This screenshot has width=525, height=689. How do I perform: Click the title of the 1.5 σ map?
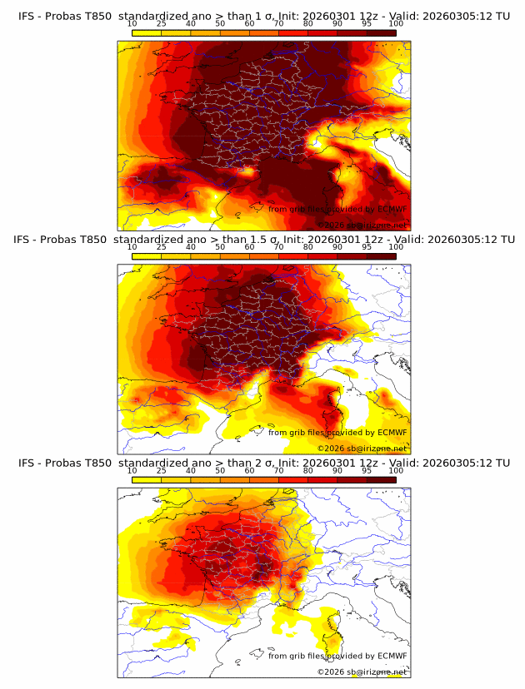(262, 239)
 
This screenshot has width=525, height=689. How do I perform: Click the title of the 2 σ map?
(262, 463)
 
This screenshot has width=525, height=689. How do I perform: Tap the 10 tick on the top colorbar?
(132, 23)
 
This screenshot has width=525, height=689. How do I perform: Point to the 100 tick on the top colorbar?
(396, 23)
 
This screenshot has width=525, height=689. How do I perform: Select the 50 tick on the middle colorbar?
(220, 247)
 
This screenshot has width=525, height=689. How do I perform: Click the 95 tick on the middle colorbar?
(367, 247)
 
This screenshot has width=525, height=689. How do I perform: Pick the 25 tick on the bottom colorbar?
(162, 471)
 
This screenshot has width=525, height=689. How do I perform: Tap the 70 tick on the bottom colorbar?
(279, 471)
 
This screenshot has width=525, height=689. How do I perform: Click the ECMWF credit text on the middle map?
(337, 432)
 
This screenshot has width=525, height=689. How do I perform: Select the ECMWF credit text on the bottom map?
(337, 656)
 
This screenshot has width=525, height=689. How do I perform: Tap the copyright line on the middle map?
(362, 448)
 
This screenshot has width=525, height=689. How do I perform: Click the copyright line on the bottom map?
(362, 672)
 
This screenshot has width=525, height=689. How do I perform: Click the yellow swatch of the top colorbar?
(147, 32)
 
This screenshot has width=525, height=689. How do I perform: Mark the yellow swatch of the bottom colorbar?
(147, 480)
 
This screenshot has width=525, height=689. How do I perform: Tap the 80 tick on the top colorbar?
(308, 23)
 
